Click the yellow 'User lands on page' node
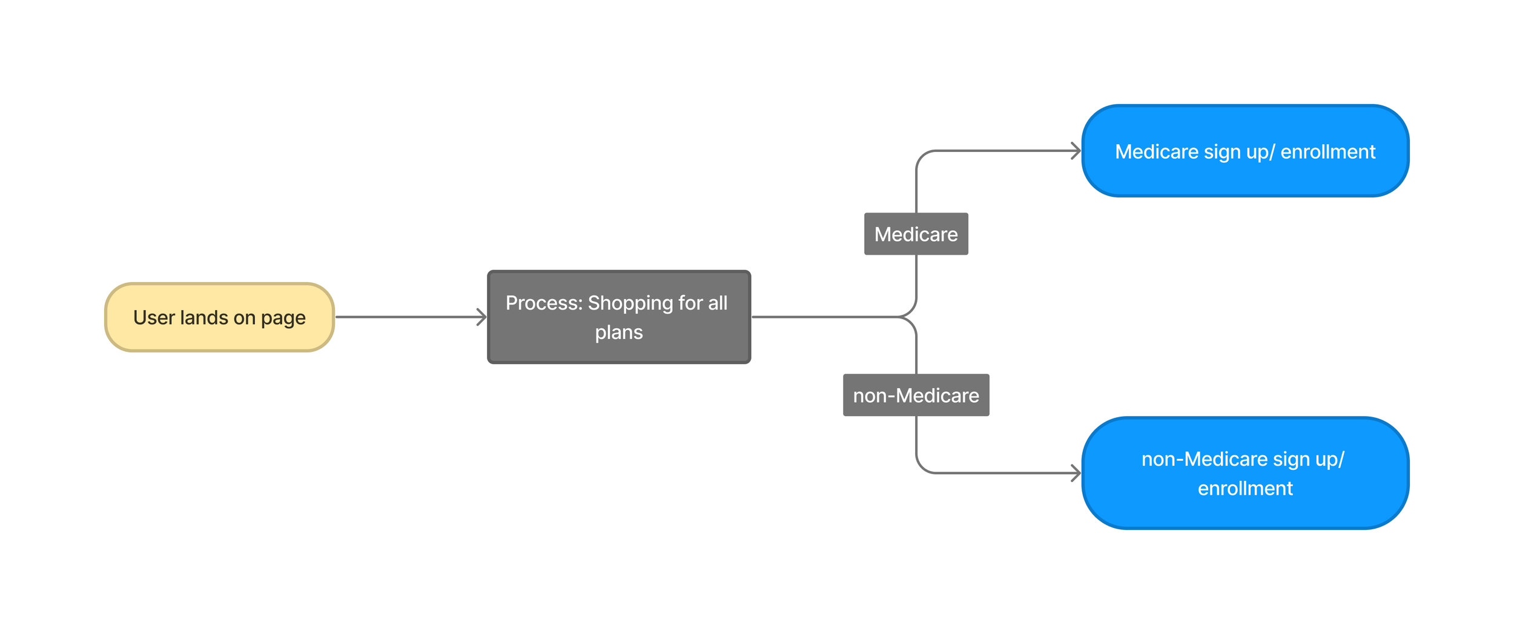click(x=219, y=317)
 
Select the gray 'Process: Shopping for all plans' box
click(x=618, y=317)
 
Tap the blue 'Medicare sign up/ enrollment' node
click(x=1245, y=151)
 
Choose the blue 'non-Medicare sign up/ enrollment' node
click(x=1245, y=473)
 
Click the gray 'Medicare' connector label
click(x=916, y=234)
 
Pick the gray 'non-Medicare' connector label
click(x=916, y=395)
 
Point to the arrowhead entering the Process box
click(x=482, y=317)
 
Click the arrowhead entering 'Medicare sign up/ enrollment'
click(x=1076, y=151)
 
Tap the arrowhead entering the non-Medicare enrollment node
click(x=1076, y=473)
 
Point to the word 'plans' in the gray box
click(x=618, y=332)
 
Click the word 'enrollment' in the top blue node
click(x=1327, y=151)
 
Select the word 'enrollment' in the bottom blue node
click(x=1245, y=488)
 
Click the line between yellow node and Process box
click(x=406, y=317)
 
